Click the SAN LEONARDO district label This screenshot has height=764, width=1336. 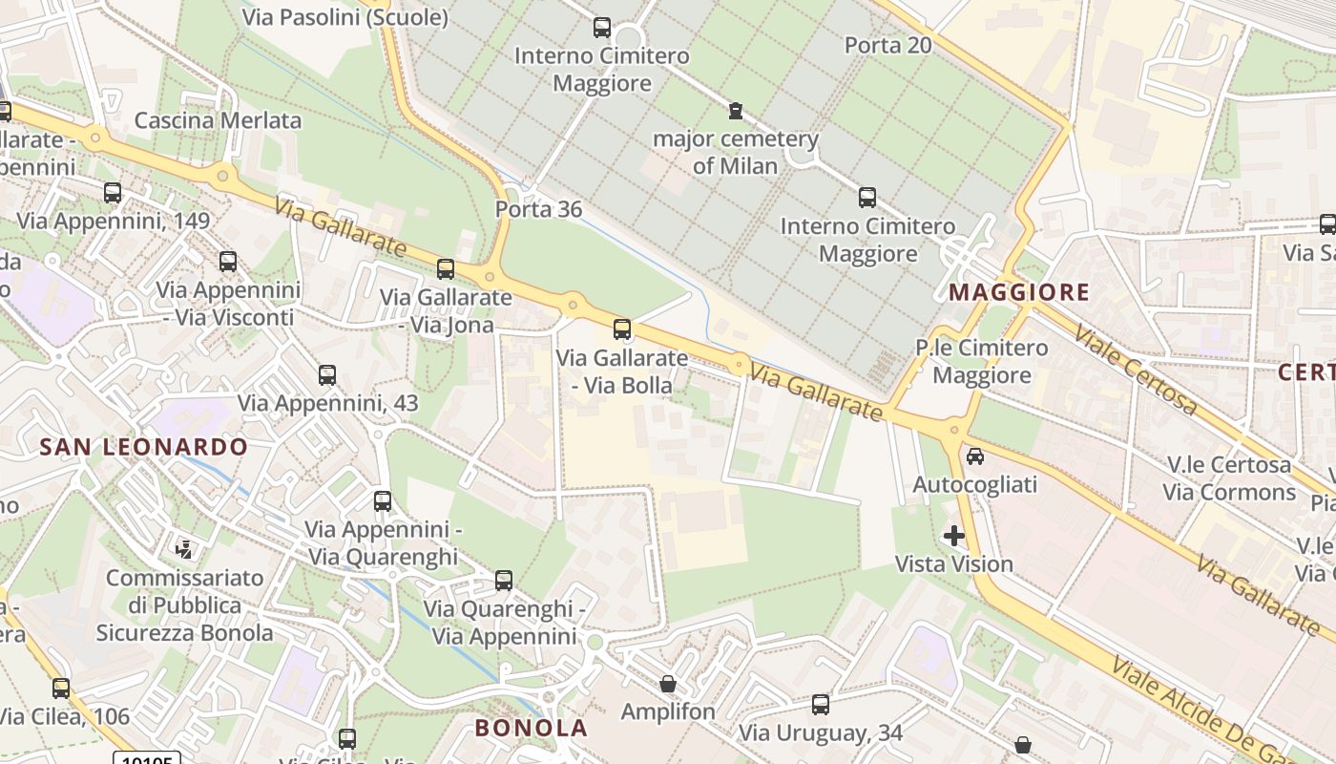143,446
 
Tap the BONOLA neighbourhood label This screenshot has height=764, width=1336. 531,728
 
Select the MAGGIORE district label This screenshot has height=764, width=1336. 1019,292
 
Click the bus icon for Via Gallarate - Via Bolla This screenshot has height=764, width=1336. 622,329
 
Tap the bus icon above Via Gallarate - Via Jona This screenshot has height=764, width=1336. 446,268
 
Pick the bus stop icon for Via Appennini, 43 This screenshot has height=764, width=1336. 327,374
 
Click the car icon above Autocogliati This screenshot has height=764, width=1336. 975,456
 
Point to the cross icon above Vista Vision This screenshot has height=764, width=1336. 954,536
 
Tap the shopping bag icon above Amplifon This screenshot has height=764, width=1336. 668,684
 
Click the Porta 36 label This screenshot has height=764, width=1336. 538,209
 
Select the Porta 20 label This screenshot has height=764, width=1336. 887,45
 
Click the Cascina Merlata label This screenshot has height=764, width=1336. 218,120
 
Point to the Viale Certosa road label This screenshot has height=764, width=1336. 1135,369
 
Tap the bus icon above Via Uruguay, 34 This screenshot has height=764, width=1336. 821,705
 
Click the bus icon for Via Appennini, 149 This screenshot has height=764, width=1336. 113,193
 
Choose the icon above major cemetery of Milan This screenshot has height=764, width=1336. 736,111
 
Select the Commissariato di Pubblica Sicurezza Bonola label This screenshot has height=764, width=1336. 184,605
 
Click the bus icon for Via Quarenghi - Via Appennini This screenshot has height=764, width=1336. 504,580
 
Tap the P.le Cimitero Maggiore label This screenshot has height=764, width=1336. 981,361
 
